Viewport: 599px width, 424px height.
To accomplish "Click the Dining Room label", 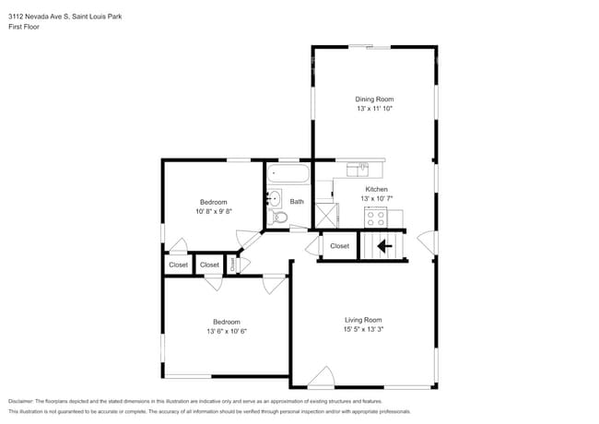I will point(375,99).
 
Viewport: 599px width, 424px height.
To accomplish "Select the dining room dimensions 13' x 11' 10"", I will point(375,109).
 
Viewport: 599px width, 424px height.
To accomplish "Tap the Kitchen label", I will point(376,189).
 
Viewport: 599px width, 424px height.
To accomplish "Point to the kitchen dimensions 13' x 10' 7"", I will point(376,199).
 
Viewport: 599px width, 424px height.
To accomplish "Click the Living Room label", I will point(363,319).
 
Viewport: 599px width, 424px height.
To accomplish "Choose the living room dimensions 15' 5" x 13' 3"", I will point(363,329).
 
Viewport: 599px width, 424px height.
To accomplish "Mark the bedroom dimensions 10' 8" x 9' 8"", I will point(214,211).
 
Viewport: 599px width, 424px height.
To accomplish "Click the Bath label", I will point(297,201).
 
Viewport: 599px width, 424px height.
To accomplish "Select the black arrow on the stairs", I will point(384,246).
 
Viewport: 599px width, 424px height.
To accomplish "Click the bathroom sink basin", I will point(274,197).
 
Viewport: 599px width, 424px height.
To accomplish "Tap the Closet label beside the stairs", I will point(339,246).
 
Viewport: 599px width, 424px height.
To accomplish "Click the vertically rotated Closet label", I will point(233,265).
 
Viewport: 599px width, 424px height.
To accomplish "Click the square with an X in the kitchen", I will point(326,215).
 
